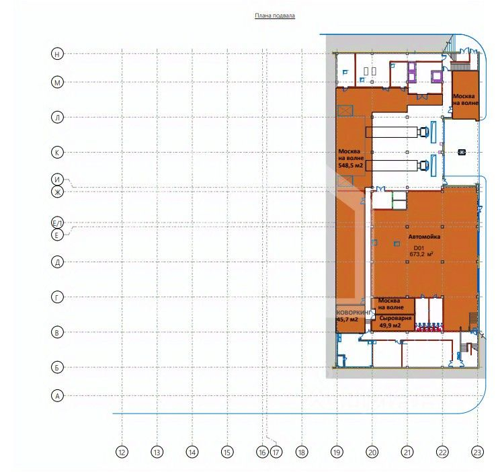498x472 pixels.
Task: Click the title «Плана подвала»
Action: [275, 15]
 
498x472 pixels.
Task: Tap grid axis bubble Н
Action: [58, 54]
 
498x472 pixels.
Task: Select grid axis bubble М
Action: [58, 82]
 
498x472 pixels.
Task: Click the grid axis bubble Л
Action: [58, 117]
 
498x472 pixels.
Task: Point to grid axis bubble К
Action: [58, 152]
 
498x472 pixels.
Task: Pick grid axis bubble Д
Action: [58, 262]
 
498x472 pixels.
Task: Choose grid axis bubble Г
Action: [58, 297]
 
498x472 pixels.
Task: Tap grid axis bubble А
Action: [58, 396]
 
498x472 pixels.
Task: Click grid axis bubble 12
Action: [122, 452]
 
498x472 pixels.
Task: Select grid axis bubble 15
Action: [227, 452]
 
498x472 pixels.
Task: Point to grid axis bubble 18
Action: [302, 452]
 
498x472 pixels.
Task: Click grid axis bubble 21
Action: [407, 452]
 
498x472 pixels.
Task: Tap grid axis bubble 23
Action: [477, 452]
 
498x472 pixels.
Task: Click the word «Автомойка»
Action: [424, 237]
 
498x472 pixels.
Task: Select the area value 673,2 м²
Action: [421, 254]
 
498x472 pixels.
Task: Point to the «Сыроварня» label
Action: [395, 318]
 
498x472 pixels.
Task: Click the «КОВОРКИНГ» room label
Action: [354, 313]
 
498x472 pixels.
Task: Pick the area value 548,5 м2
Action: [351, 165]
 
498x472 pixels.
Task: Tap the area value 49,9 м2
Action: [390, 325]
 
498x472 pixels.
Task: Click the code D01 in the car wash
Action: [419, 248]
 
